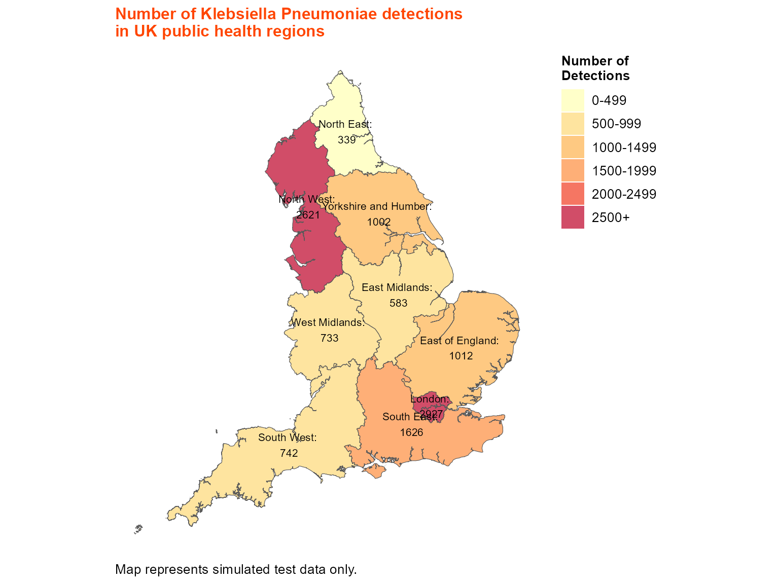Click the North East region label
pyautogui.click(x=345, y=124)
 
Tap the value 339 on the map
pyautogui.click(x=347, y=140)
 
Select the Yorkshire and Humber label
pyautogui.click(x=377, y=206)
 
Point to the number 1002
pyautogui.click(x=379, y=222)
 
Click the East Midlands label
pyautogui.click(x=397, y=287)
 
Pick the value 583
pyautogui.click(x=398, y=303)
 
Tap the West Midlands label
pyautogui.click(x=328, y=322)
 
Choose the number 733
pyautogui.click(x=329, y=338)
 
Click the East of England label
pyautogui.click(x=459, y=341)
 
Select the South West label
pyautogui.click(x=287, y=437)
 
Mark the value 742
pyautogui.click(x=289, y=453)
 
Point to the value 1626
pyautogui.click(x=411, y=432)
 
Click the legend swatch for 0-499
pyautogui.click(x=573, y=100)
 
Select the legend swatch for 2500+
pyautogui.click(x=573, y=217)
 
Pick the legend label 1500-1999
pyautogui.click(x=624, y=171)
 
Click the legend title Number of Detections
pyautogui.click(x=595, y=68)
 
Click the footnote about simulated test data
pyautogui.click(x=236, y=569)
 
